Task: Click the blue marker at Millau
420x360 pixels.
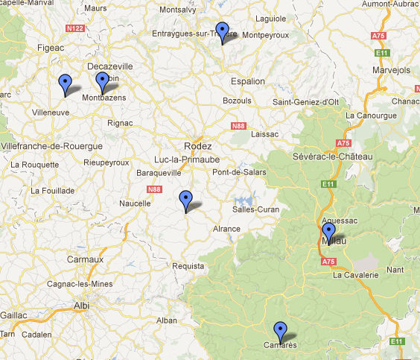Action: [329, 230]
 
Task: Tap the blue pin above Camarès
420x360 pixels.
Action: [280, 329]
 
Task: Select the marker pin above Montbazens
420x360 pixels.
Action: [103, 80]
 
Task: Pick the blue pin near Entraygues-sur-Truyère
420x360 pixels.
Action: [222, 31]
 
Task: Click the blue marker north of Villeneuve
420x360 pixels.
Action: [65, 82]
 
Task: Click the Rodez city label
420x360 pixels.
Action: [198, 146]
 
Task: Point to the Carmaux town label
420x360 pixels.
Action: [84, 259]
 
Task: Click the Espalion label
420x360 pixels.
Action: [247, 81]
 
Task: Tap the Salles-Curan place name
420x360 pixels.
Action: [255, 209]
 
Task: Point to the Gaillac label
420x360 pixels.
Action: [13, 315]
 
